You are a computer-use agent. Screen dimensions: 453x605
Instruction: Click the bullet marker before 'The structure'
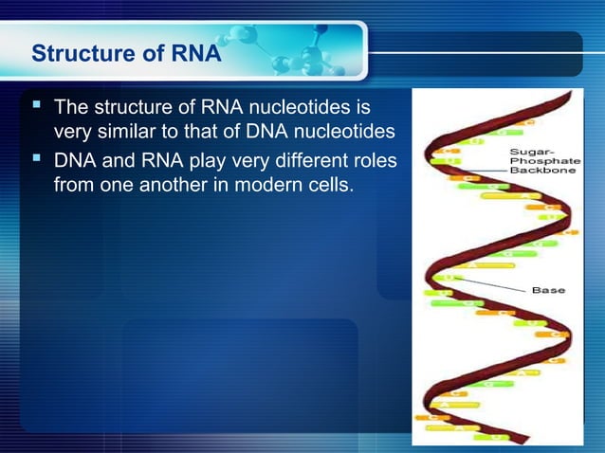[x=39, y=100]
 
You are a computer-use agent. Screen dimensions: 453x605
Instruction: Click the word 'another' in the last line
[x=170, y=182]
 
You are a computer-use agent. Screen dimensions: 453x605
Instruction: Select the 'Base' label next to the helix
[x=549, y=290]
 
